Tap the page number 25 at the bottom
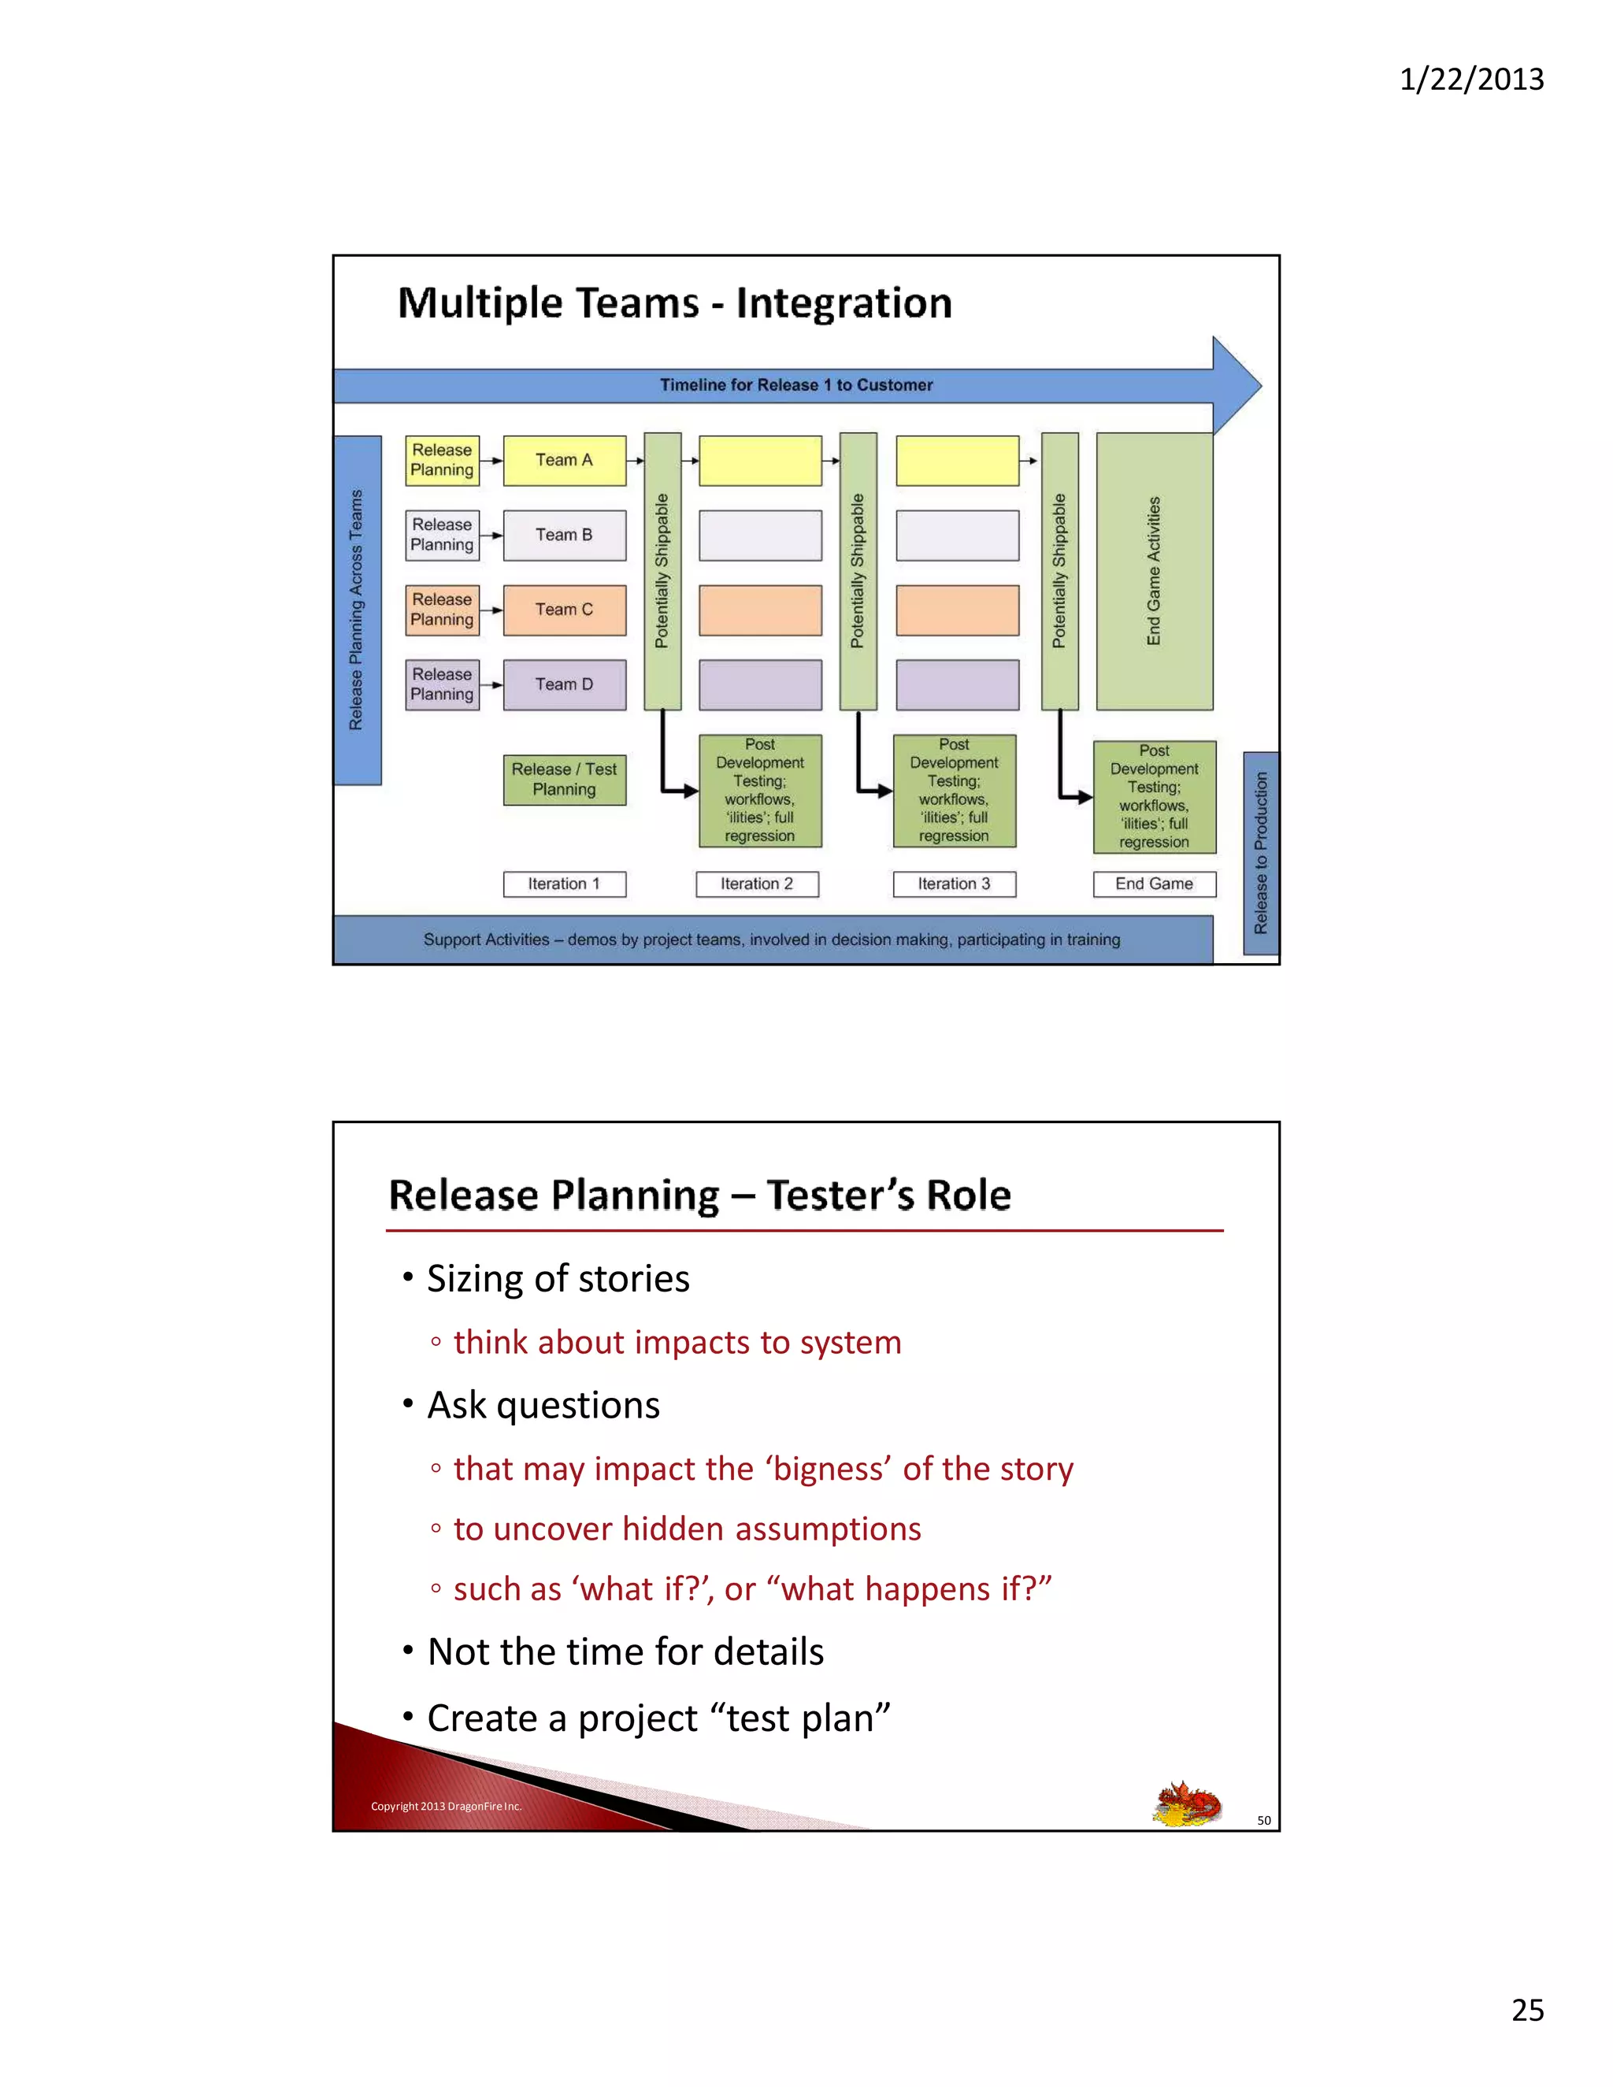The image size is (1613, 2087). click(1527, 2011)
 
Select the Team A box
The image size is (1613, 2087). click(564, 461)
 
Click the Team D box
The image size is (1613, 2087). click(564, 684)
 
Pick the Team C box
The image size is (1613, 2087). click(564, 610)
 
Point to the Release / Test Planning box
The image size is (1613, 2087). click(564, 779)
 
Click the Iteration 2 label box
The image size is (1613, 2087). click(756, 884)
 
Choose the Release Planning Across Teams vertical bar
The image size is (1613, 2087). click(357, 610)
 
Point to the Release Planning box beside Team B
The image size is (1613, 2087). click(442, 535)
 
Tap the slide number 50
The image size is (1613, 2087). click(1263, 1820)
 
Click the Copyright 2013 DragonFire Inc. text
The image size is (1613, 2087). click(445, 1806)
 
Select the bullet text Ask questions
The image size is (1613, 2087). click(543, 1406)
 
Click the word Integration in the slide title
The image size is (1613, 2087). click(843, 303)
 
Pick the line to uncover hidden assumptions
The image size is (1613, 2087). click(686, 1529)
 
